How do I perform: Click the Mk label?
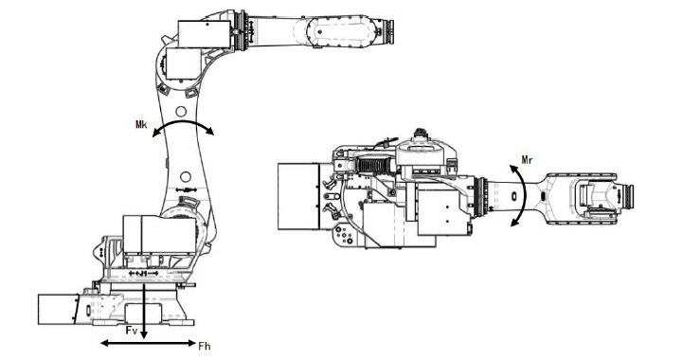pos(140,123)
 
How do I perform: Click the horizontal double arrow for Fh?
pos(142,341)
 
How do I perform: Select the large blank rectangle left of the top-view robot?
pos(299,194)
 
